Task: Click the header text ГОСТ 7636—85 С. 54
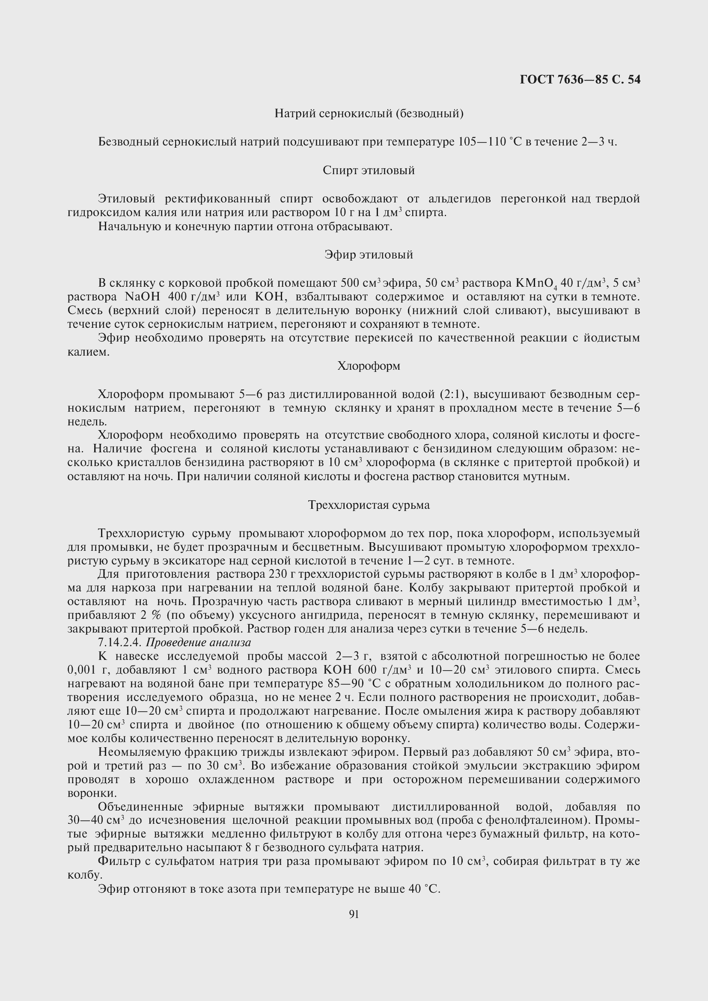coord(580,79)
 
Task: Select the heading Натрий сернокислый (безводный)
coord(369,114)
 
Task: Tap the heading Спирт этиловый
coord(369,170)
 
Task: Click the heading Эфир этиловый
coord(369,255)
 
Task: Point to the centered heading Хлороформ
coord(369,366)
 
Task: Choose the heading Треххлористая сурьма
coord(369,505)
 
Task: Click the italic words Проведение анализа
coord(198,643)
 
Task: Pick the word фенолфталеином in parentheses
coord(532,820)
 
